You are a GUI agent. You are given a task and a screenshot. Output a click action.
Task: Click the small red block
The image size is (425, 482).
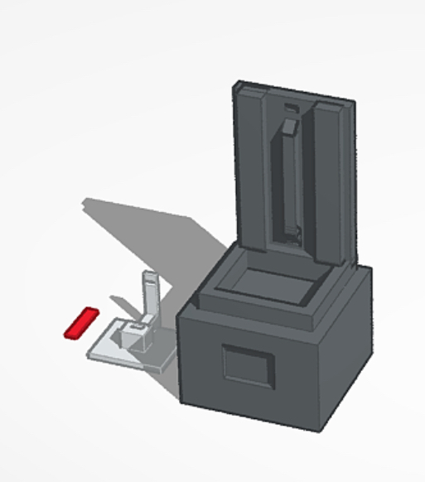coord(81,322)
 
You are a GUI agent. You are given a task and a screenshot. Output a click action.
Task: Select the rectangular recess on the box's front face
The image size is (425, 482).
coord(248,365)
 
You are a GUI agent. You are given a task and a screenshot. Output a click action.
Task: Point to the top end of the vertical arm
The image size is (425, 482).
coord(288,126)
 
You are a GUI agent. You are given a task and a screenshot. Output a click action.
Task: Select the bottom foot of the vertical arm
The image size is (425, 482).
coord(290,236)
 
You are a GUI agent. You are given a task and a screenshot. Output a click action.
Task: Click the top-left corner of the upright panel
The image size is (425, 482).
coord(238,84)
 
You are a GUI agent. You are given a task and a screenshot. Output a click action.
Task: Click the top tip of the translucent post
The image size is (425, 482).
coord(149,274)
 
